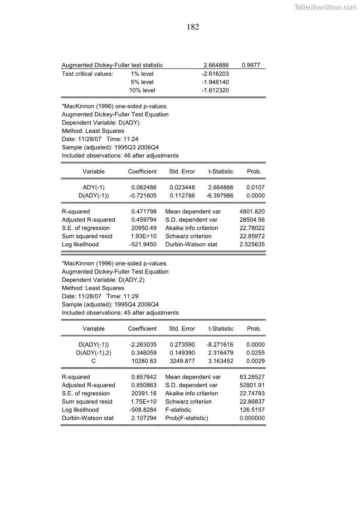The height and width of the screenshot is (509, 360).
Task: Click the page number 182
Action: point(193,27)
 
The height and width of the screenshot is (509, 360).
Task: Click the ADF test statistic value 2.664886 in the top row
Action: point(216,65)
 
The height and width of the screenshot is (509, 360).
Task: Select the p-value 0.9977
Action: point(251,65)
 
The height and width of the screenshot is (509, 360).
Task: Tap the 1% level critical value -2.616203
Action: point(215,74)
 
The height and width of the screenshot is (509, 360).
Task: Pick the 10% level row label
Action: point(142,90)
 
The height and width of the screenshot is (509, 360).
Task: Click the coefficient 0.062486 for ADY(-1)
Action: point(144,187)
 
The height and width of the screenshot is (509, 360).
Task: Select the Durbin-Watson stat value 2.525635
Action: point(252,244)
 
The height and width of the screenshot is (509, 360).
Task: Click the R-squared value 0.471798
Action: point(144,212)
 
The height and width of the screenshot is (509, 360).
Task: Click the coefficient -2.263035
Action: point(143,344)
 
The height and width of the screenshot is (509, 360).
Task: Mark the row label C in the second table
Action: point(93,361)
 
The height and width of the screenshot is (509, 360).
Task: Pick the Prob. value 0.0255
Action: point(255,353)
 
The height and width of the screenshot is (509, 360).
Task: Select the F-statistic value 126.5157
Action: point(252,410)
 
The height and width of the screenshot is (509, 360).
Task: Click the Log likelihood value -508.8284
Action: point(143,410)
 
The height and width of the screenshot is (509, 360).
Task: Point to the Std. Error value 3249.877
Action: point(182,361)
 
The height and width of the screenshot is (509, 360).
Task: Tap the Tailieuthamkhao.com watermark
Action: point(325,7)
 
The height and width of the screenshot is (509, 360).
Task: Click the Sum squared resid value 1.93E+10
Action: point(144,236)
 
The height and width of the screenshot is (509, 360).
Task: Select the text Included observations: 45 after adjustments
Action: point(120,313)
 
